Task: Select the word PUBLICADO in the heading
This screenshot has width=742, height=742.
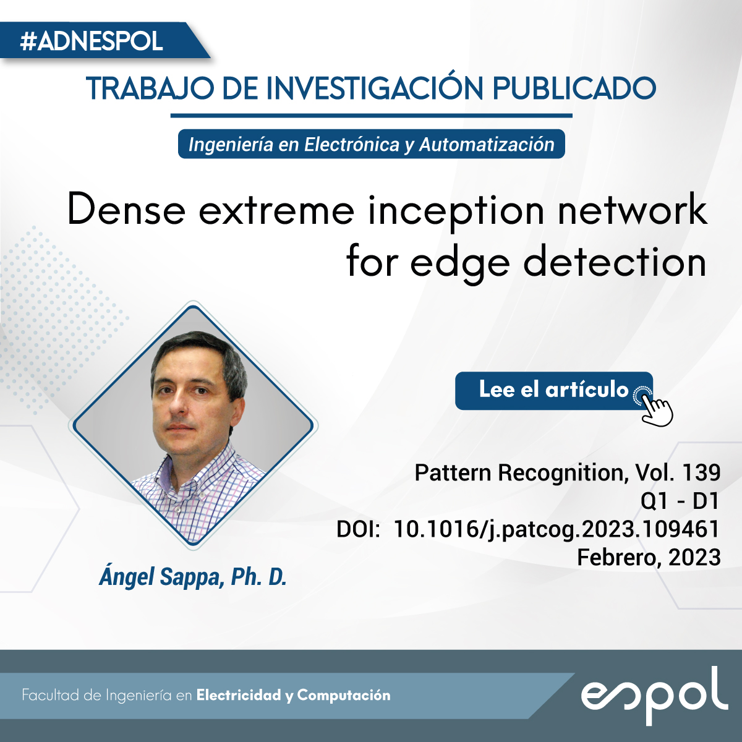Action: pyautogui.click(x=574, y=88)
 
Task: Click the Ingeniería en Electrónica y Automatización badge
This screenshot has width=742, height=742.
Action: pyautogui.click(x=371, y=144)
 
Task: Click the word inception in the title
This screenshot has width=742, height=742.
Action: pyautogui.click(x=456, y=212)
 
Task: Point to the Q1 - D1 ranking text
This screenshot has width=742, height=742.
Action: pyautogui.click(x=679, y=501)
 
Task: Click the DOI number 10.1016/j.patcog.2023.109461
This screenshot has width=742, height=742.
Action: pyautogui.click(x=556, y=529)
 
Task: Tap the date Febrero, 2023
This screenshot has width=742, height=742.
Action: pyautogui.click(x=649, y=558)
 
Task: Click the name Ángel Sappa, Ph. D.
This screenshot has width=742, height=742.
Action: pyautogui.click(x=193, y=577)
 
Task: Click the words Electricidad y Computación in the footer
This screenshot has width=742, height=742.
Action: pyautogui.click(x=294, y=696)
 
